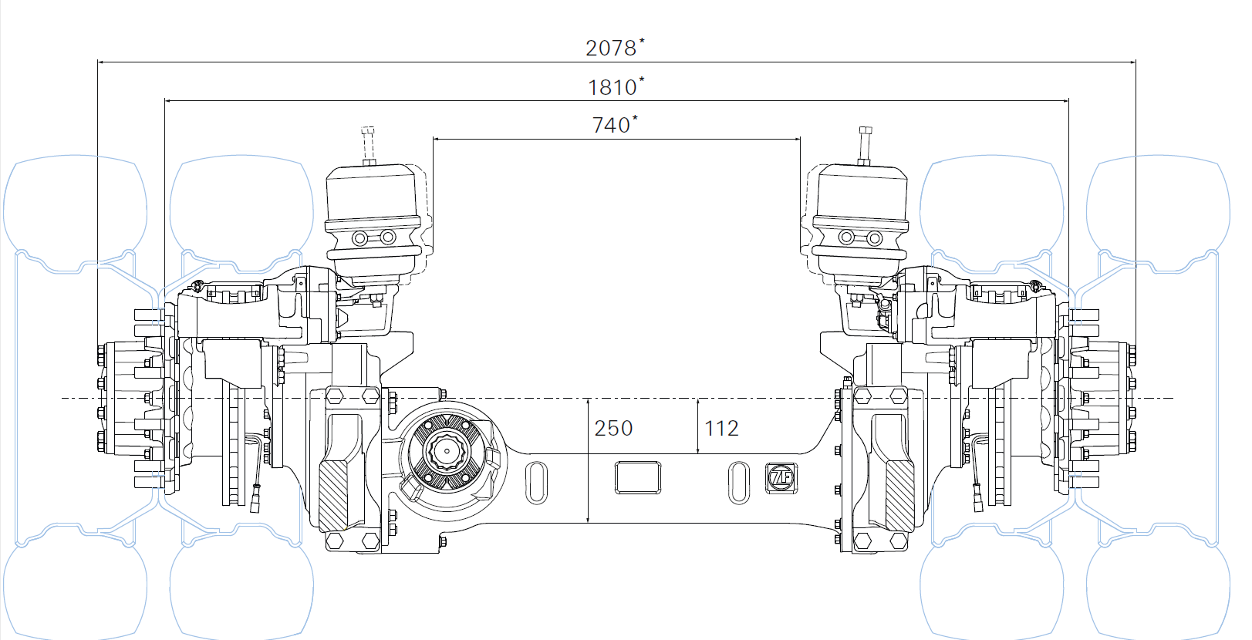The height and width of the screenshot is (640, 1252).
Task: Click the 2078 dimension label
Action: (x=610, y=49)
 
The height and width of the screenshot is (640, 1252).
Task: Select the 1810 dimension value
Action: (x=612, y=88)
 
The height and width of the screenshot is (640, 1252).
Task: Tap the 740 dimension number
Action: (x=611, y=125)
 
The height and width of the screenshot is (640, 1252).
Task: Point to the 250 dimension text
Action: (x=613, y=429)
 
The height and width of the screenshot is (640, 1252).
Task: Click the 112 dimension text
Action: (x=721, y=429)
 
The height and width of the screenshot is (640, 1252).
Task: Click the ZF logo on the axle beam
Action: (x=781, y=478)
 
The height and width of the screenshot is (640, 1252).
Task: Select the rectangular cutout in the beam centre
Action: (x=638, y=477)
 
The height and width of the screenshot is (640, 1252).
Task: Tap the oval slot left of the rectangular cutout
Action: (x=537, y=483)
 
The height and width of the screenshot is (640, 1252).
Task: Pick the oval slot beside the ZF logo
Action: (x=739, y=483)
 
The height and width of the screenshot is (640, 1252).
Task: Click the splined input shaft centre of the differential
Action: (x=447, y=451)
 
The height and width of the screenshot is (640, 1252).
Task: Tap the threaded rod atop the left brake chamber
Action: (x=368, y=145)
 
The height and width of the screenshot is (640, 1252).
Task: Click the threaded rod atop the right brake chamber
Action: (x=865, y=145)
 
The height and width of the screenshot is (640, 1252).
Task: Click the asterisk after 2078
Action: (x=643, y=41)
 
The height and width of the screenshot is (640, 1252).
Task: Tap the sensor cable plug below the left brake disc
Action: (x=255, y=499)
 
